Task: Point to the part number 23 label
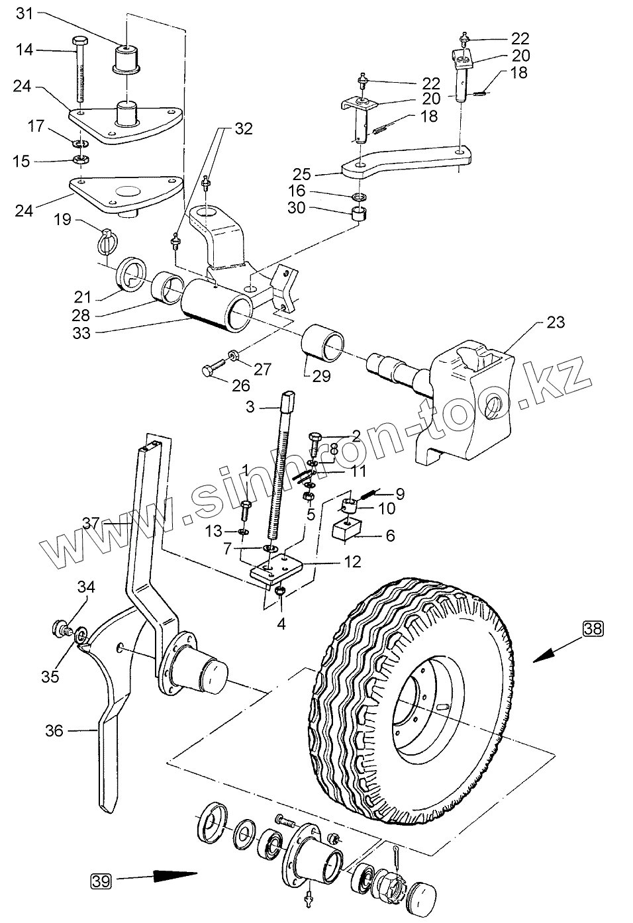click(x=556, y=322)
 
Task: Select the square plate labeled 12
click(x=275, y=569)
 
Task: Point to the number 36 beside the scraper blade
click(x=54, y=731)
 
